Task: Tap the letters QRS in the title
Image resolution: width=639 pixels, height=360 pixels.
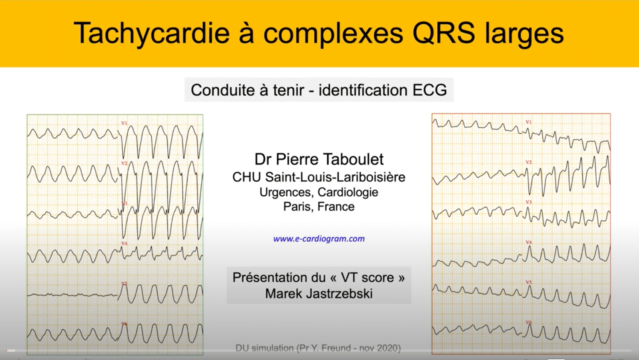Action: coord(444,33)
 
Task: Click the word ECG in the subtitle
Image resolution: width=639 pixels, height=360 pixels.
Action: coord(430,90)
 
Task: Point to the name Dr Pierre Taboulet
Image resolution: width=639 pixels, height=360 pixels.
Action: coord(319,159)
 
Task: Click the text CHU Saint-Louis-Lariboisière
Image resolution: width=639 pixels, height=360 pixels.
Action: coord(319,177)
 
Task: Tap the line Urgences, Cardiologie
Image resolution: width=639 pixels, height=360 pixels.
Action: coord(319,192)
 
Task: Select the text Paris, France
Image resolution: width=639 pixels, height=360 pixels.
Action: coord(319,206)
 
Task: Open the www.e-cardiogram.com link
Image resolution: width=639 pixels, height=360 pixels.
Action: coord(319,239)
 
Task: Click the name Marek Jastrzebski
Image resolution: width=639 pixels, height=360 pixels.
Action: coord(319,293)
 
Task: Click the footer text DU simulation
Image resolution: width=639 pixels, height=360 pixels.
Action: coord(265,348)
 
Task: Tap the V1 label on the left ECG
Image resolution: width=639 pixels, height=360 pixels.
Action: coord(124,123)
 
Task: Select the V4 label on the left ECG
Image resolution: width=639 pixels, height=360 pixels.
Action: coord(124,244)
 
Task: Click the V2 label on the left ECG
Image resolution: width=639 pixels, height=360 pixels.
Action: coord(124,163)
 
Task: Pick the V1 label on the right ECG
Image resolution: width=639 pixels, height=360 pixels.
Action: coord(529,122)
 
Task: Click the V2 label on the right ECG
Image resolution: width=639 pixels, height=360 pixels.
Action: coord(529,162)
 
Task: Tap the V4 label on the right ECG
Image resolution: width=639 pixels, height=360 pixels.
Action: coord(529,243)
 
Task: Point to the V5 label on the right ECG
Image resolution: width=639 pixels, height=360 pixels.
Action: coord(529,282)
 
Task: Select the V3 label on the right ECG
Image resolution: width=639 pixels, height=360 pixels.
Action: coord(529,202)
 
